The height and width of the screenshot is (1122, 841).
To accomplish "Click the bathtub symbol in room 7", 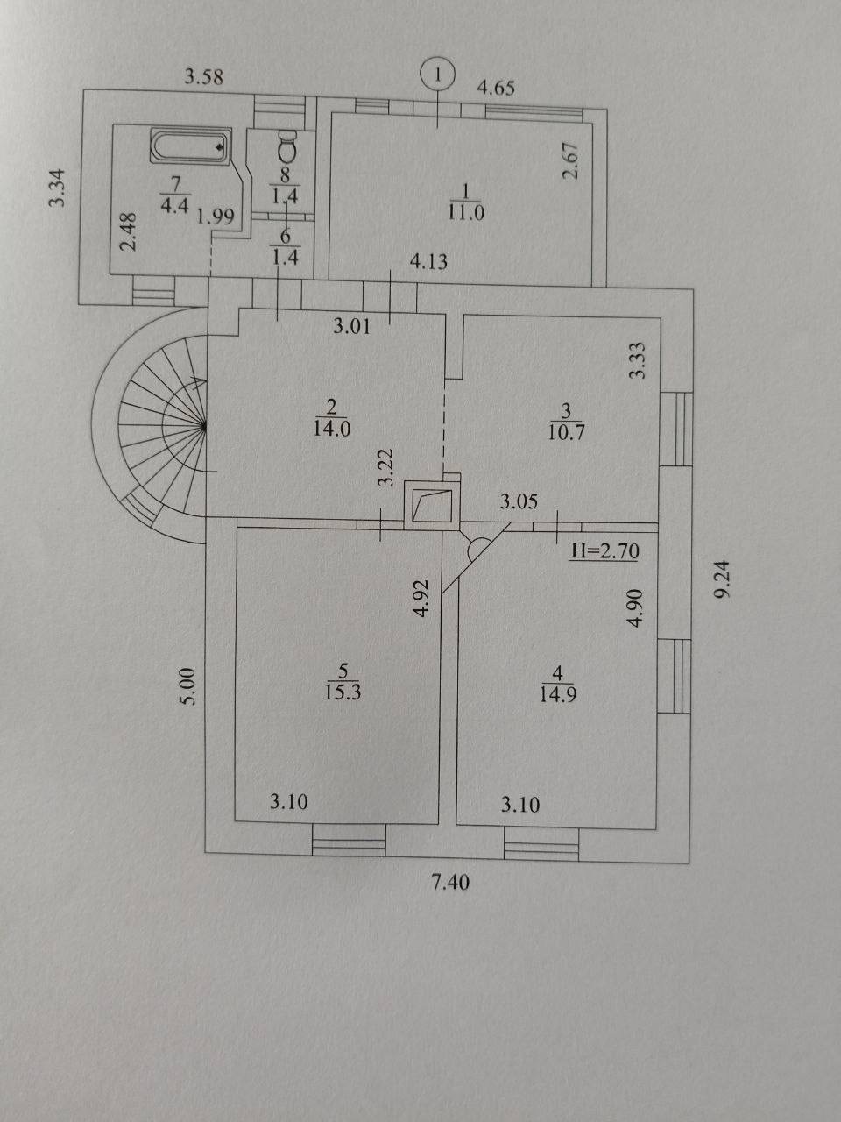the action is [191, 146].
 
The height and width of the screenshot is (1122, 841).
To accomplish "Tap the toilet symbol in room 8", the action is [287, 146].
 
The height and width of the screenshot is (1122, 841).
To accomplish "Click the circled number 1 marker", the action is [438, 75].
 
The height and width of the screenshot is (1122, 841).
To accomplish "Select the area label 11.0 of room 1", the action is [466, 213].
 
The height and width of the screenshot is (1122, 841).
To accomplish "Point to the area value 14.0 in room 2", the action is [332, 429].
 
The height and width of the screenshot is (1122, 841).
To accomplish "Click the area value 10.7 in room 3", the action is [566, 432].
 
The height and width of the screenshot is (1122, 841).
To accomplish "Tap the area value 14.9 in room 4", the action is [558, 695].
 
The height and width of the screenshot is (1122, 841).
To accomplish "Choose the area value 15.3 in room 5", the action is [343, 692].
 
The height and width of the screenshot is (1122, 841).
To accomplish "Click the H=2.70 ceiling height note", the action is [604, 551].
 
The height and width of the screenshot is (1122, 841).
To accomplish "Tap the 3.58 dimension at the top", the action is [204, 77].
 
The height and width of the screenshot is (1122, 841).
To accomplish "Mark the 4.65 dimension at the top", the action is [496, 88].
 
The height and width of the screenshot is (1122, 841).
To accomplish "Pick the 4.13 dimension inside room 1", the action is [429, 262].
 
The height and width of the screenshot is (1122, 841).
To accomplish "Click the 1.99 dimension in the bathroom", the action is [216, 217].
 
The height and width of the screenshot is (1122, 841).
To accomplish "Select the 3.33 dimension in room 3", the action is [638, 360].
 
